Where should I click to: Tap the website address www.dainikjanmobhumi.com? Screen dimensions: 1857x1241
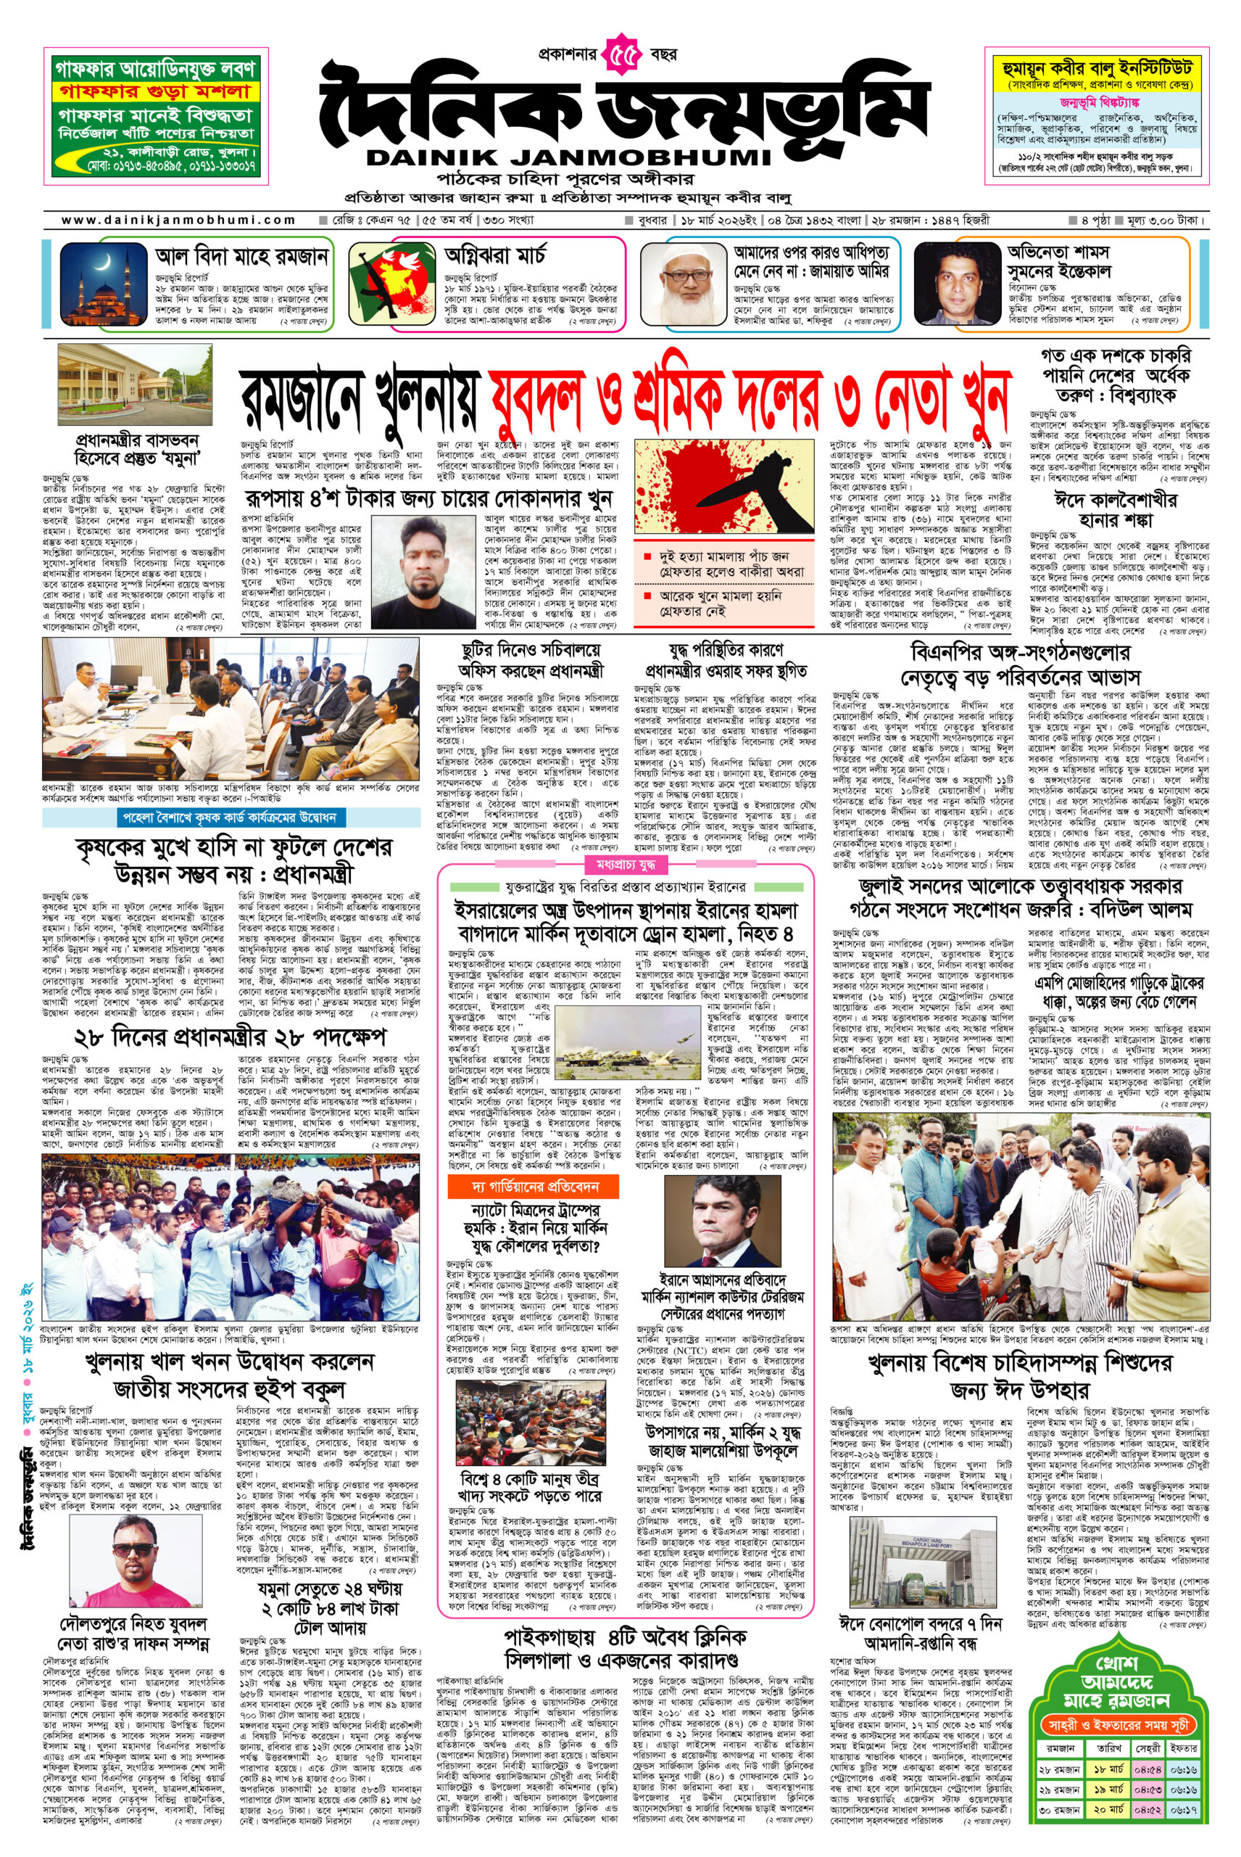178,220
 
